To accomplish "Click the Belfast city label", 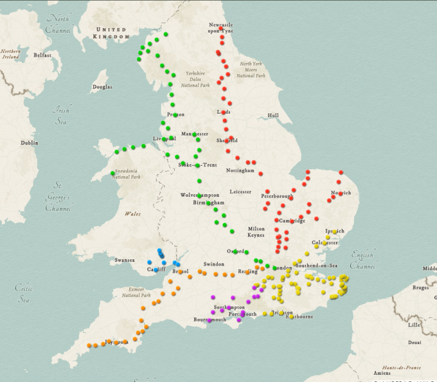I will pyautogui.click(x=42, y=55).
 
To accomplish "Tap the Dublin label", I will pyautogui.click(x=29, y=143).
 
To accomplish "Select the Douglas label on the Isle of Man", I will pyautogui.click(x=102, y=87).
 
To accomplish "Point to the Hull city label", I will pyautogui.click(x=273, y=115).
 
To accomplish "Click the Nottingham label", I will pyautogui.click(x=240, y=171).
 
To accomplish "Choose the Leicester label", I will pyautogui.click(x=240, y=192).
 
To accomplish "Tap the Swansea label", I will pyautogui.click(x=124, y=260).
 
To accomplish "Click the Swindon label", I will pyautogui.click(x=214, y=264).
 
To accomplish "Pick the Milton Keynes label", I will pyautogui.click(x=256, y=232).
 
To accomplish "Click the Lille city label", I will pyautogui.click(x=414, y=325).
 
